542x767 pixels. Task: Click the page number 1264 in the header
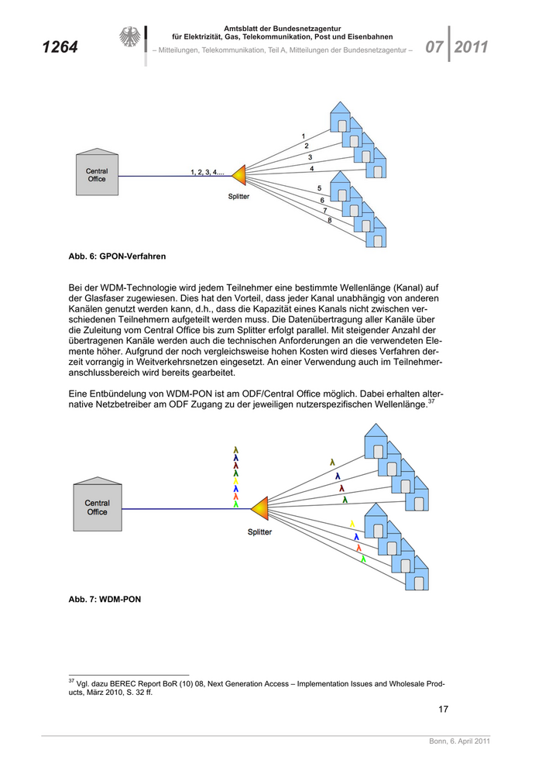coord(60,47)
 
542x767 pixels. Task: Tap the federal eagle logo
coord(129,39)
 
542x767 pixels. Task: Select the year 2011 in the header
coord(471,47)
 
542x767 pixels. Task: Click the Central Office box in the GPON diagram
coord(97,174)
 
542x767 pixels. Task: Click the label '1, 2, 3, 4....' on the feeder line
coord(207,172)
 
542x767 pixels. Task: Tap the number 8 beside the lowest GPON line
coord(329,221)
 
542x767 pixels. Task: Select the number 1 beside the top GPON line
coord(303,136)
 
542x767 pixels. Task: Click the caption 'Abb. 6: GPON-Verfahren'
coord(117,255)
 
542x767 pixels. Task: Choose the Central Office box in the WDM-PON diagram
coord(98,507)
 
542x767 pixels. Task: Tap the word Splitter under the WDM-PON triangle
coord(259,532)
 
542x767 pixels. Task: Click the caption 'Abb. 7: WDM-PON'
coord(105,599)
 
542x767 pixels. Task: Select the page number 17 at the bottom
coord(443,708)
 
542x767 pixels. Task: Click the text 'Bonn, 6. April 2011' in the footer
coord(459,743)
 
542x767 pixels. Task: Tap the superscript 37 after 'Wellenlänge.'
coord(431,401)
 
